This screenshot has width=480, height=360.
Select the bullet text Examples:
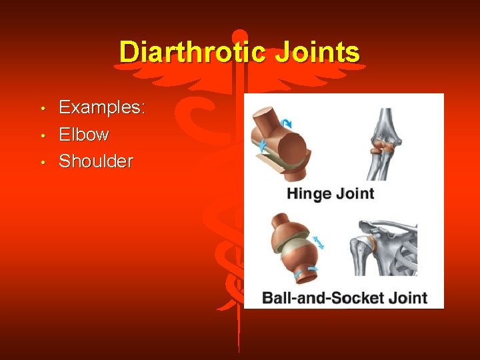pyautogui.click(x=102, y=107)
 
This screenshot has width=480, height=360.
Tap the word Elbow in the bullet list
pyautogui.click(x=84, y=134)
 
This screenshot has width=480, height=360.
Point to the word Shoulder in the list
pyautogui.click(x=96, y=161)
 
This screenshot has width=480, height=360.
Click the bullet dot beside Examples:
pyautogui.click(x=41, y=109)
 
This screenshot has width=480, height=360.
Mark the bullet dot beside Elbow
pyautogui.click(x=41, y=135)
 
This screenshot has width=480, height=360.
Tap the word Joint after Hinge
pyautogui.click(x=355, y=194)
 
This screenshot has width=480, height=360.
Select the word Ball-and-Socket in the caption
pyautogui.click(x=323, y=297)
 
